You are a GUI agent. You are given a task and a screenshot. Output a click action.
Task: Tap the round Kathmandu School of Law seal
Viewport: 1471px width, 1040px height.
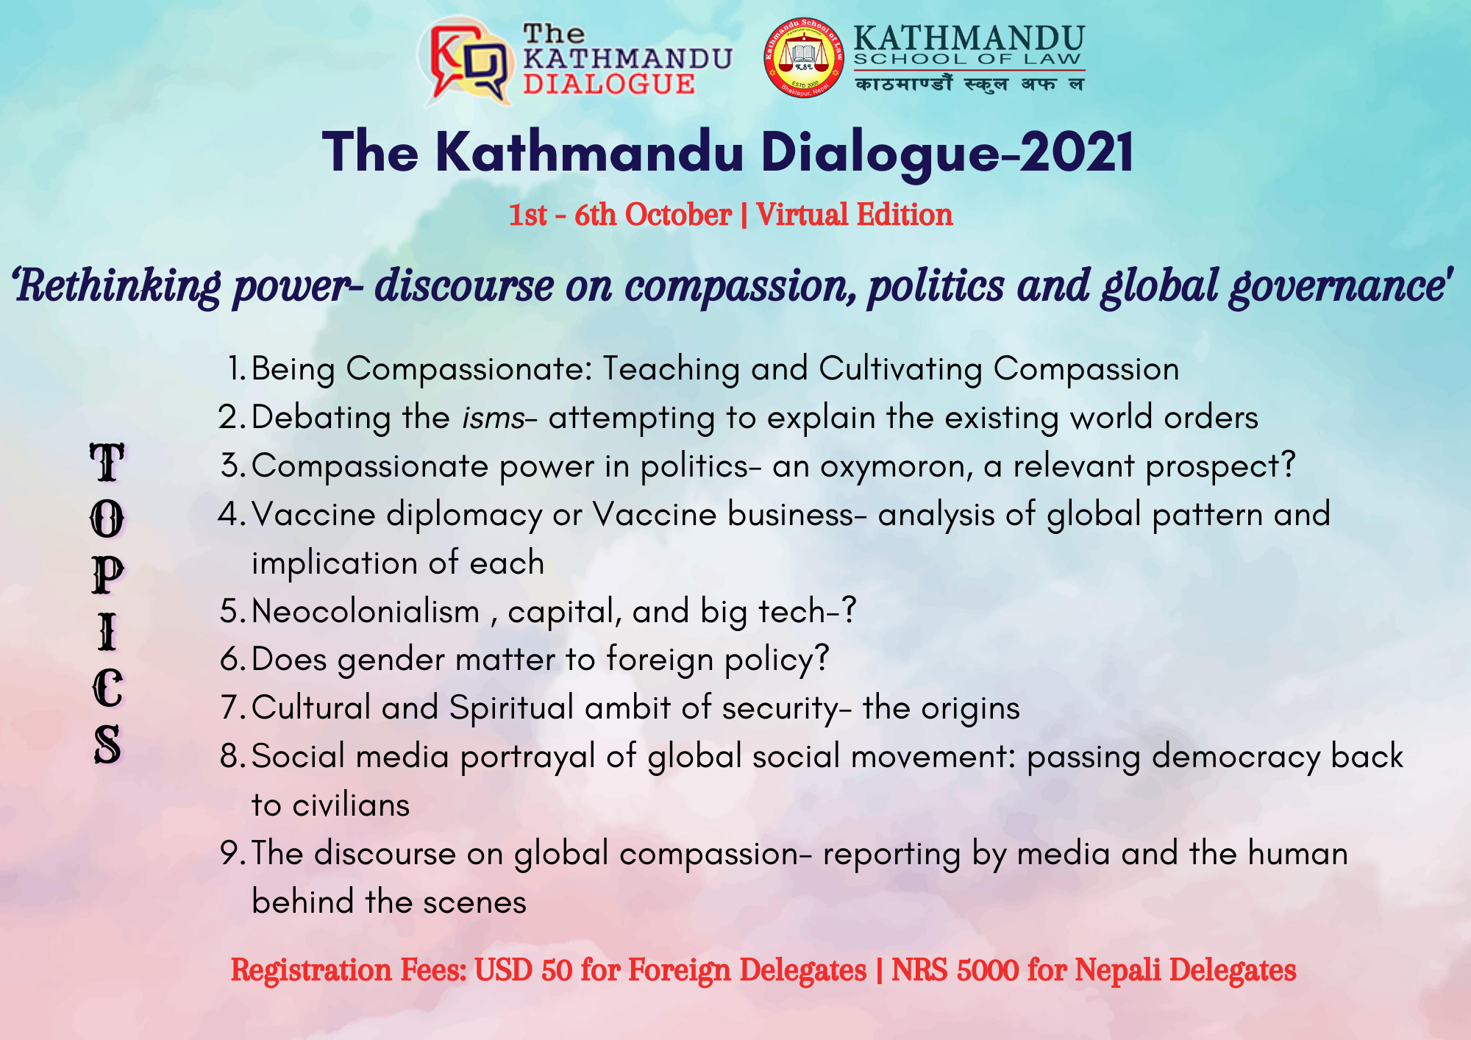coord(804,57)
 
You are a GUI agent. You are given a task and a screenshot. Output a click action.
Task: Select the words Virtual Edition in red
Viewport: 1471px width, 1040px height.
coord(854,215)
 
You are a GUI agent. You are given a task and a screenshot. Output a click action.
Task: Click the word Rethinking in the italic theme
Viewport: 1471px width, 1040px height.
coord(117,286)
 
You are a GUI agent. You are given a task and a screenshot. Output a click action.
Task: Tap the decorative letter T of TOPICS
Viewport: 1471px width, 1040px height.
coord(107,462)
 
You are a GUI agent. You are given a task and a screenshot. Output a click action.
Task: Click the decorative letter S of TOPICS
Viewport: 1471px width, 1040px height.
coord(107,744)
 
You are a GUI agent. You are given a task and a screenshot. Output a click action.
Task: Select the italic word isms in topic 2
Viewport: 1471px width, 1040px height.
coord(493,418)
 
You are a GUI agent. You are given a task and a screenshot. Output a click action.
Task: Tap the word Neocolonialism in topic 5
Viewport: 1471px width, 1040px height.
coord(366,611)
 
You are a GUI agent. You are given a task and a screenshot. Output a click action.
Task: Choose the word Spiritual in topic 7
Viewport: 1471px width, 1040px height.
coord(511,708)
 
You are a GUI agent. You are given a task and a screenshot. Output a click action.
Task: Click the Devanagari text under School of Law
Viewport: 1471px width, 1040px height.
coord(969,84)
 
